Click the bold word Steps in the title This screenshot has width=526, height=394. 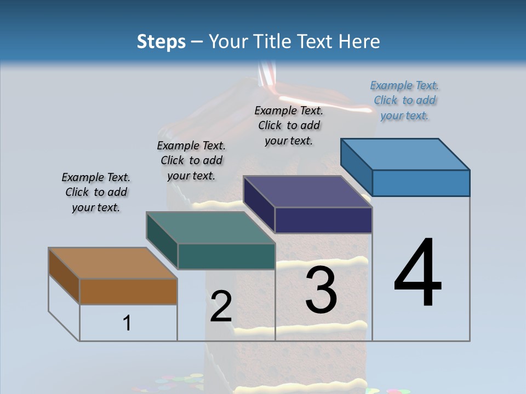[x=161, y=42]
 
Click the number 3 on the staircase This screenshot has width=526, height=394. [x=321, y=290]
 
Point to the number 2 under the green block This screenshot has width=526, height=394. [x=221, y=306]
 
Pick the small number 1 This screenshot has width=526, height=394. [x=127, y=323]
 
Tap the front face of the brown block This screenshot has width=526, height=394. [x=128, y=291]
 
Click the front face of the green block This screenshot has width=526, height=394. [x=226, y=256]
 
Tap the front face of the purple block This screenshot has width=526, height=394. [x=323, y=220]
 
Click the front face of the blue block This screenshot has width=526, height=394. [x=421, y=183]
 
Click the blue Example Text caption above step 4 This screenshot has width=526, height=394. [x=404, y=100]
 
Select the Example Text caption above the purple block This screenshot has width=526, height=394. [x=289, y=125]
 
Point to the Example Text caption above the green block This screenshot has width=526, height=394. [x=191, y=160]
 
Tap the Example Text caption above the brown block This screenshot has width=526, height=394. [x=96, y=192]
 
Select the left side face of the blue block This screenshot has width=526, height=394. [x=357, y=167]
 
